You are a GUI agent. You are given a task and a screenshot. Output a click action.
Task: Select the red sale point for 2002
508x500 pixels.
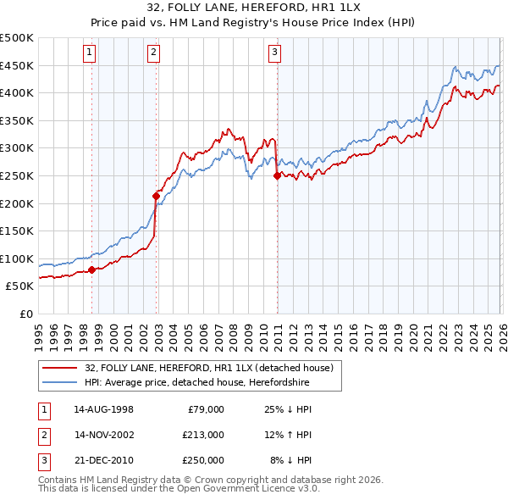coord(156,196)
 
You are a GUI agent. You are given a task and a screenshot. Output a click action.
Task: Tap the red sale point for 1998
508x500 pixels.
coord(92,270)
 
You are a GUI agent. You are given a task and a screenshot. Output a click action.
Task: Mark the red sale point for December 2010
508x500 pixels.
coord(277,176)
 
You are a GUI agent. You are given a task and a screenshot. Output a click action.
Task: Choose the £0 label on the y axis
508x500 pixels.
coord(26,314)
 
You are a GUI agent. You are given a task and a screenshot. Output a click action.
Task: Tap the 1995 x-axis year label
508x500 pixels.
coord(39,331)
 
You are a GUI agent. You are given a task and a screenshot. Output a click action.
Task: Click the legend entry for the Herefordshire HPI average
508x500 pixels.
coord(196,382)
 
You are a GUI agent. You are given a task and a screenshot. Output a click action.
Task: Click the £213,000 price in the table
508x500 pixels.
coord(202,435)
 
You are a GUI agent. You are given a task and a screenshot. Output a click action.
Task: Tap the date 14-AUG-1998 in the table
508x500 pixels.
coord(103,409)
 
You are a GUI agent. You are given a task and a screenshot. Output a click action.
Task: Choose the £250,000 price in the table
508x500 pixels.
coord(202,460)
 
